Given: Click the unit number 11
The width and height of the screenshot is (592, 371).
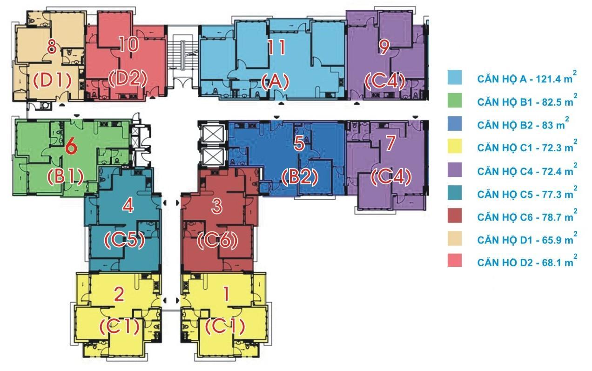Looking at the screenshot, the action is point(276,47).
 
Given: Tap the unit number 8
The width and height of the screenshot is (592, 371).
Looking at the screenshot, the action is point(52,47).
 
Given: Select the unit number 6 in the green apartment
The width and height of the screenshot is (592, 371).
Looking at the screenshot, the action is point(71,147).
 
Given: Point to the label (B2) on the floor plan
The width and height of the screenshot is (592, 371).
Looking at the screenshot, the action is point(300,177).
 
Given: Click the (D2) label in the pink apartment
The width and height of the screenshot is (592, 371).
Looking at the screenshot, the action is point(128,79).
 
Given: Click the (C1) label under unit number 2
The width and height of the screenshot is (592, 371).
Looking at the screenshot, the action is point(120,326).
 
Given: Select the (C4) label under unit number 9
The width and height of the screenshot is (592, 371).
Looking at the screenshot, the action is point(385,81).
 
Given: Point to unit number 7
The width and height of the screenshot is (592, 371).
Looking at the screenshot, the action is point(390,143).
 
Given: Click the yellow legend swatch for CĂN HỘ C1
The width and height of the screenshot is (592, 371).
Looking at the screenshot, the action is point(455,146).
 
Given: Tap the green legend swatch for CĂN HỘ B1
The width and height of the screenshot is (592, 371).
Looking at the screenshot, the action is point(455,101).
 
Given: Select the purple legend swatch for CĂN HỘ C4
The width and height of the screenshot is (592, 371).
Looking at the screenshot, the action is point(455,169).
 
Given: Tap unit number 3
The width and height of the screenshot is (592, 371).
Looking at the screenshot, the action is point(217,206).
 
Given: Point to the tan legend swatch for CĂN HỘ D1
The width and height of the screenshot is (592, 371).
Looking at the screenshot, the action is point(455,238).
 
